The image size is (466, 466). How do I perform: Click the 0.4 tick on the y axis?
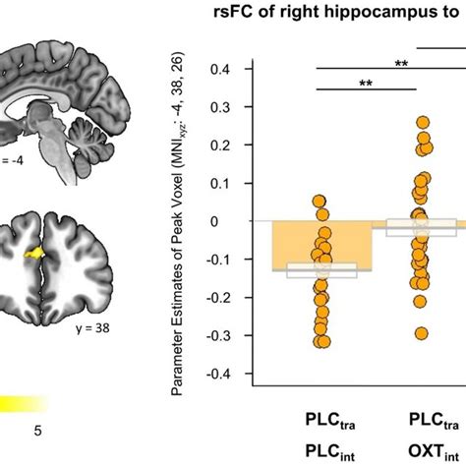click(233, 69)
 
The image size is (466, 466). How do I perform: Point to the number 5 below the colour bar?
click(37, 431)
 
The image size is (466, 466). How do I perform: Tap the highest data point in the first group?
click(319, 202)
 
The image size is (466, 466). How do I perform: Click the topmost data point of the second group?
click(423, 123)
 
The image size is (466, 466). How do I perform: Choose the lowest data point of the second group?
click(422, 333)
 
